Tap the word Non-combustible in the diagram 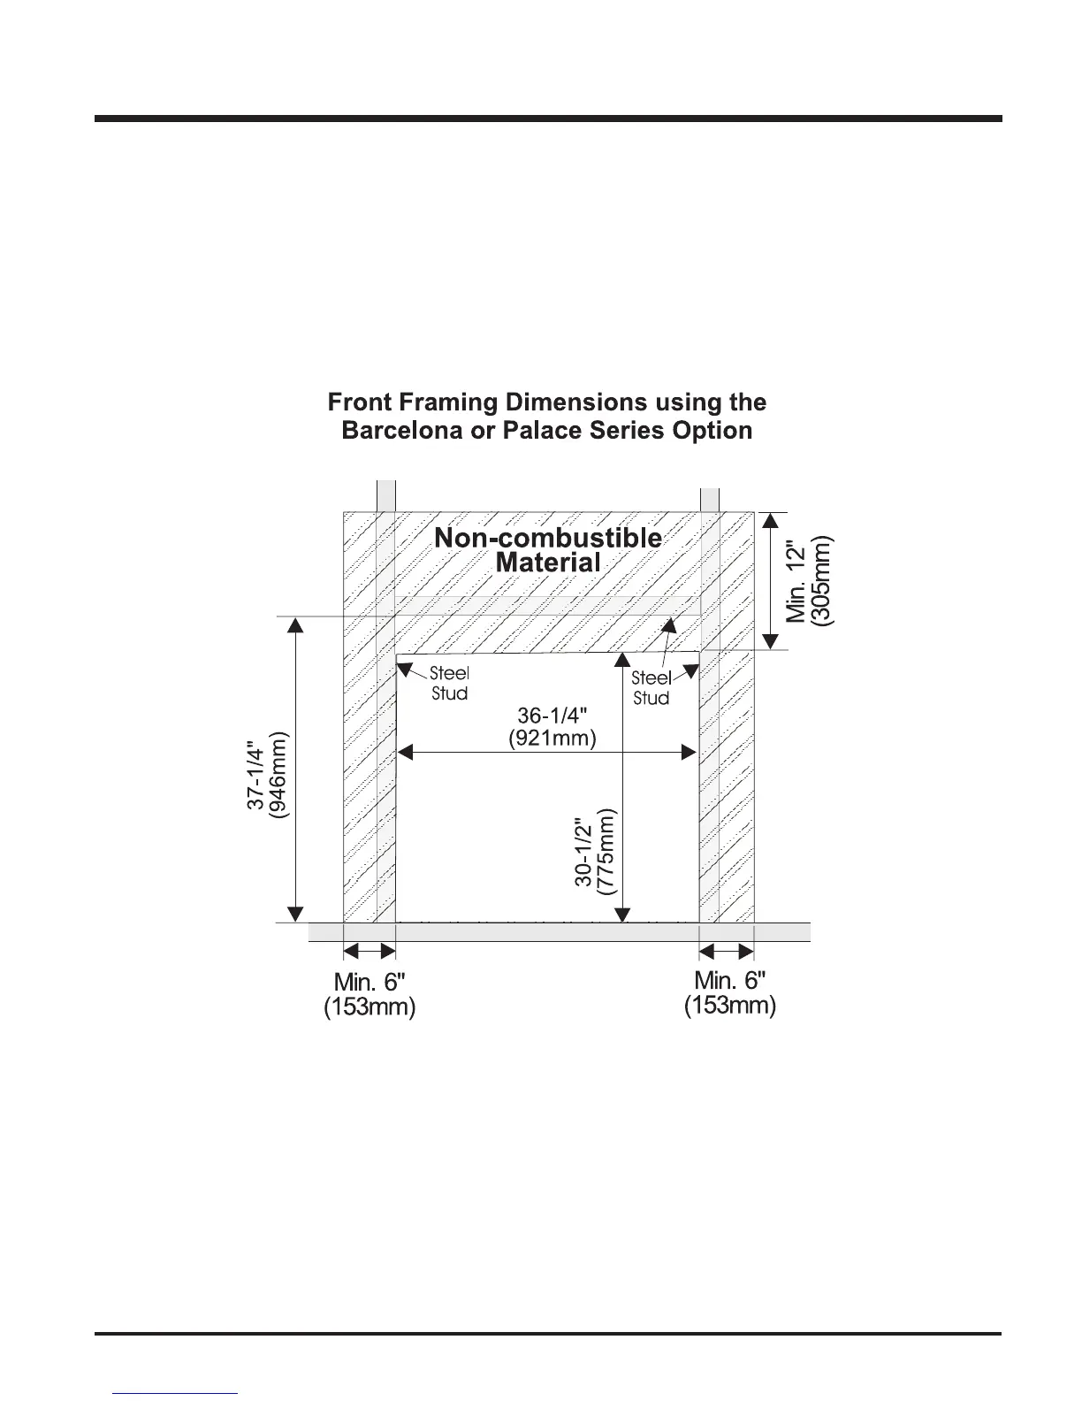pyautogui.click(x=548, y=538)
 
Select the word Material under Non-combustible pyautogui.click(x=548, y=563)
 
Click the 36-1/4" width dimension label pyautogui.click(x=552, y=716)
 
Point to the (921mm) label pyautogui.click(x=552, y=738)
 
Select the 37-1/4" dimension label pyautogui.click(x=255, y=774)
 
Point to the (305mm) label pyautogui.click(x=822, y=579)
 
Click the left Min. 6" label pyautogui.click(x=370, y=982)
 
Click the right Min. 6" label pyautogui.click(x=730, y=980)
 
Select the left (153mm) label pyautogui.click(x=370, y=1007)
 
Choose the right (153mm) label pyautogui.click(x=730, y=1006)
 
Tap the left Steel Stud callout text pyautogui.click(x=449, y=684)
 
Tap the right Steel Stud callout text pyautogui.click(x=651, y=688)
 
